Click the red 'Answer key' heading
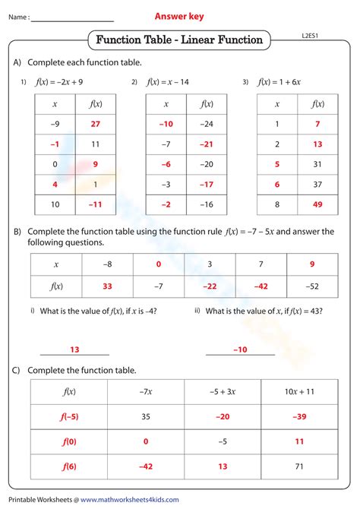pos(179,16)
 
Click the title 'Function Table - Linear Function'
pos(180,40)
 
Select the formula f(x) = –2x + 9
pos(58,81)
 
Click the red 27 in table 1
pos(95,123)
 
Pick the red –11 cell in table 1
pos(95,204)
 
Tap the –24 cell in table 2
pos(206,123)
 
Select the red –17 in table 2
pos(206,184)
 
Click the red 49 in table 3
pos(317,204)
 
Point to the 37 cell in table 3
pos(317,184)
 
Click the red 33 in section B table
pos(107,286)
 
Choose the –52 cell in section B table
pos(312,286)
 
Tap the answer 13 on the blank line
pos(74,349)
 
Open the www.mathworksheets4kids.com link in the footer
pos(130,499)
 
